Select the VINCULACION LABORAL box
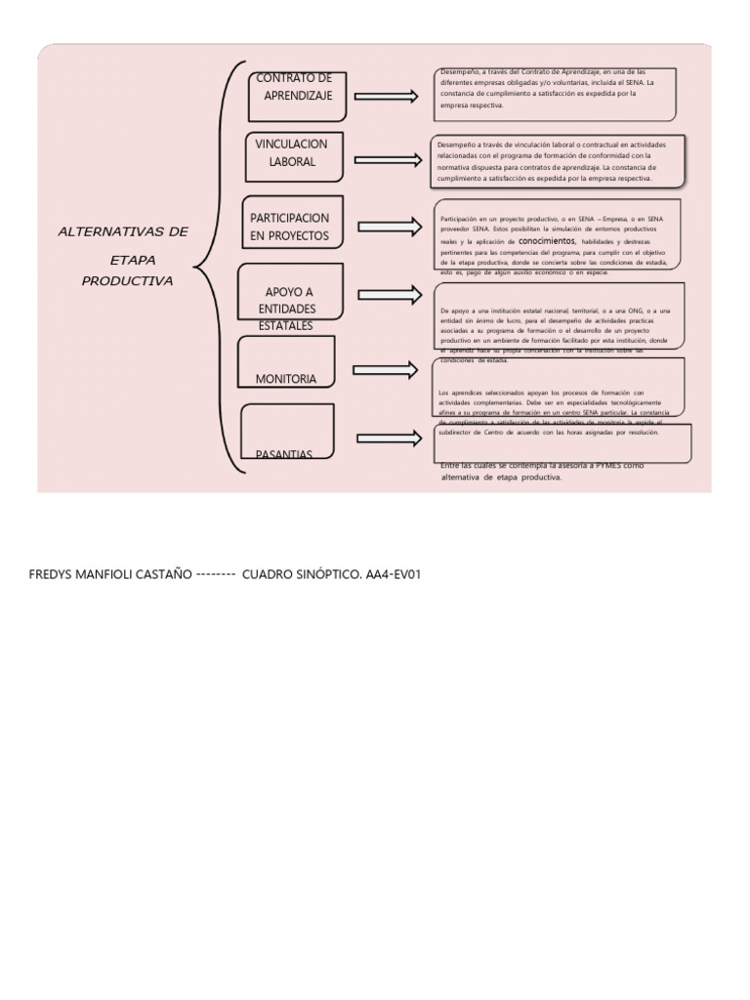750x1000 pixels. click(x=293, y=153)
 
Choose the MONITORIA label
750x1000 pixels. click(x=285, y=378)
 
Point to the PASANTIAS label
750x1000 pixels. click(x=283, y=454)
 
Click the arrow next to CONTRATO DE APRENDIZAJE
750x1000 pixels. click(x=387, y=96)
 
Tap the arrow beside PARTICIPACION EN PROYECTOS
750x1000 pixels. click(x=389, y=228)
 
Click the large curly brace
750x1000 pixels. click(x=217, y=267)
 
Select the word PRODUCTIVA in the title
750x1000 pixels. click(x=127, y=281)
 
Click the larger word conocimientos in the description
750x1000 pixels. click(x=547, y=239)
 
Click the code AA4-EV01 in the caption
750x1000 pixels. click(x=393, y=574)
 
